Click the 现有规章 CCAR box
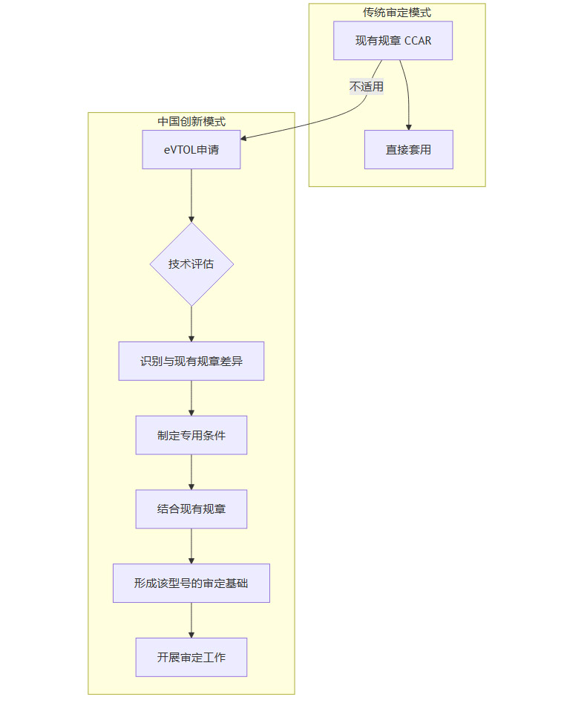point(393,40)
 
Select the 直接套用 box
point(408,149)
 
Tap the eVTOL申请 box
point(191,149)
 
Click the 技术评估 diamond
point(191,264)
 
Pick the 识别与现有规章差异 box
point(191,362)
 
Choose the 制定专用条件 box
point(191,435)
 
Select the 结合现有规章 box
point(191,509)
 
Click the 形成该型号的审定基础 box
point(191,583)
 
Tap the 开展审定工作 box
point(191,657)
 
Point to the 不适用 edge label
point(367,87)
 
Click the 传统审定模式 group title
point(397,12)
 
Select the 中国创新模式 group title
point(191,122)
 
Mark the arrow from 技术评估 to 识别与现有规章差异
point(191,324)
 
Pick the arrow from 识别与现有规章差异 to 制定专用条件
point(191,398)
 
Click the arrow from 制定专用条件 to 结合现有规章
point(191,472)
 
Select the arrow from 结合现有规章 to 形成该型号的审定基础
point(191,546)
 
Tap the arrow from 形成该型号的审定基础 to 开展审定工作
point(191,620)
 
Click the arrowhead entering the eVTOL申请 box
point(245,138)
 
